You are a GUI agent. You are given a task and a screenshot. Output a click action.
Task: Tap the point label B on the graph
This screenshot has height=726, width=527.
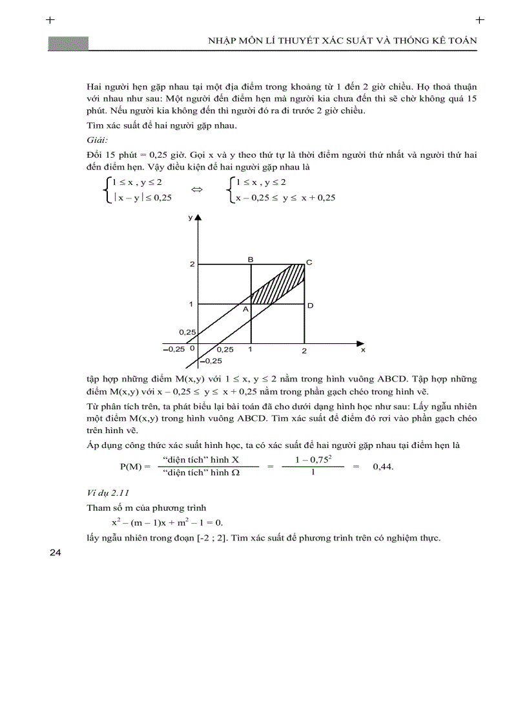pyautogui.click(x=251, y=259)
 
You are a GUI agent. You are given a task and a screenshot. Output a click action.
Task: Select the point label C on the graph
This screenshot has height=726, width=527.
pyautogui.click(x=309, y=262)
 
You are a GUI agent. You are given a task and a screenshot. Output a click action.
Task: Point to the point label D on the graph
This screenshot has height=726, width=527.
pyautogui.click(x=310, y=305)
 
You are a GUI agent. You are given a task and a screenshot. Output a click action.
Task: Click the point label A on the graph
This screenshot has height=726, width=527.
pyautogui.click(x=245, y=310)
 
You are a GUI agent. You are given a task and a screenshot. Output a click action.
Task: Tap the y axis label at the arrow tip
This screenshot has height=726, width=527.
pyautogui.click(x=191, y=218)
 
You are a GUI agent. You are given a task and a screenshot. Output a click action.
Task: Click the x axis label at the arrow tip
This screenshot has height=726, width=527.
pyautogui.click(x=362, y=349)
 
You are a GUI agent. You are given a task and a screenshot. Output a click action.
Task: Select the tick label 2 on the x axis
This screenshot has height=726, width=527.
pyautogui.click(x=304, y=350)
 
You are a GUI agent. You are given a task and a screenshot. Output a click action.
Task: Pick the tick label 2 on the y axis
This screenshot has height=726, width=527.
pyautogui.click(x=191, y=264)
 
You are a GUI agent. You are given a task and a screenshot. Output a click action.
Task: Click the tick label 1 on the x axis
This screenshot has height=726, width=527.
pyautogui.click(x=251, y=349)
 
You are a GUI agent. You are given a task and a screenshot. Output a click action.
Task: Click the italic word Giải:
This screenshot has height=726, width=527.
pyautogui.click(x=98, y=140)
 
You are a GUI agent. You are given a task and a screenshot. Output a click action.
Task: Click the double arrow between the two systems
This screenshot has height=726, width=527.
pyautogui.click(x=197, y=190)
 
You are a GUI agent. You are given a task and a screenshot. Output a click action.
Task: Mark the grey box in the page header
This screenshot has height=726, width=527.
pyautogui.click(x=68, y=43)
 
